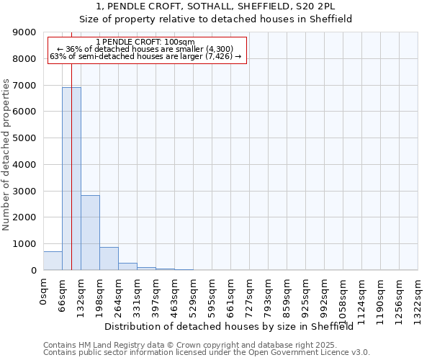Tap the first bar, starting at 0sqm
[53, 261]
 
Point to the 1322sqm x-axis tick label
[418, 295]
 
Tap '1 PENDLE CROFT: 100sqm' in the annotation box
[145, 42]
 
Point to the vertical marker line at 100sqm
[72, 180]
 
